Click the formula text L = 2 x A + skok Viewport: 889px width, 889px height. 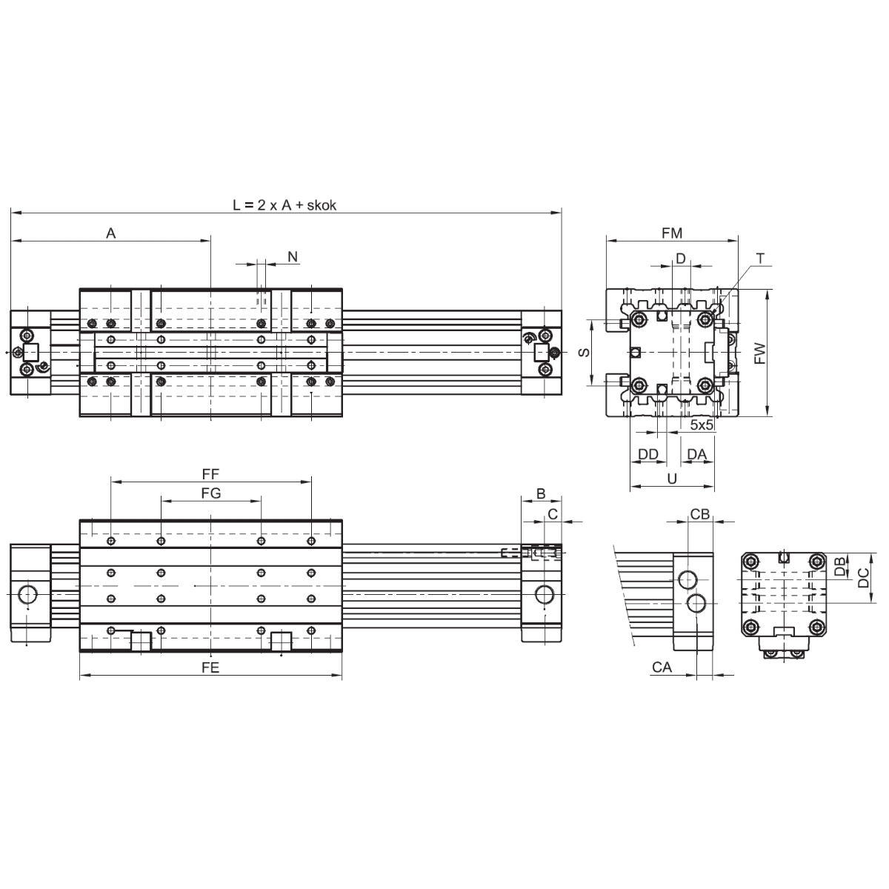coord(284,204)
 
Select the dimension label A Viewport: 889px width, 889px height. coord(110,233)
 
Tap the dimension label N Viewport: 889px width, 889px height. coord(293,256)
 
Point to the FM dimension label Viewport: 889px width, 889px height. coord(672,233)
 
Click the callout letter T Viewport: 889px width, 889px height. coord(761,259)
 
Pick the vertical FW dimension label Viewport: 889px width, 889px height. coord(760,353)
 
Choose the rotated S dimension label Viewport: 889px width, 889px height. coord(584,353)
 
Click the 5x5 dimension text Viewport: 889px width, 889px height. coord(702,425)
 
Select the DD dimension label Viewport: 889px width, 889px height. coord(647,454)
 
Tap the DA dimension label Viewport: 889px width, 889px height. coord(696,454)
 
